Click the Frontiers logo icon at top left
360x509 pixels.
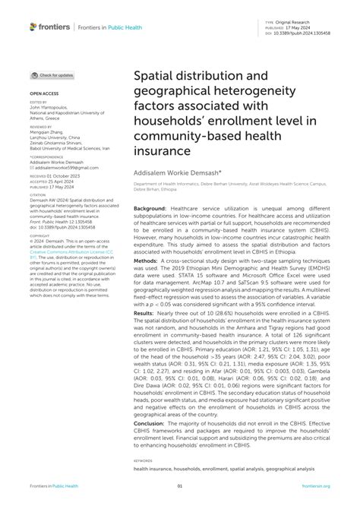pyautogui.click(x=33, y=27)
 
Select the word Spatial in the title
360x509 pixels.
pyautogui.click(x=156, y=76)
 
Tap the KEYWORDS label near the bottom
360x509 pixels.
pyautogui.click(x=144, y=461)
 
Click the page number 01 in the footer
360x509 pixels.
pyautogui.click(x=180, y=486)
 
